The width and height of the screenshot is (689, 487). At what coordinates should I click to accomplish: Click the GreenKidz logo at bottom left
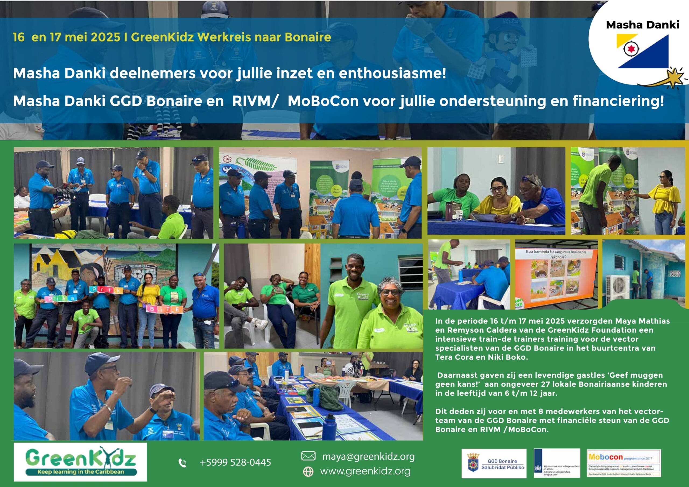pyautogui.click(x=80, y=461)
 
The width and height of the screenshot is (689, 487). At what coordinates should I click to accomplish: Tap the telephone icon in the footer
pyautogui.click(x=182, y=463)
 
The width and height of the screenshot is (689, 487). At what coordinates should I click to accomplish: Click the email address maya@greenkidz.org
pyautogui.click(x=368, y=456)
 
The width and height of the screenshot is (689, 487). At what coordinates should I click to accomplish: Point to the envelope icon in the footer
pyautogui.click(x=308, y=456)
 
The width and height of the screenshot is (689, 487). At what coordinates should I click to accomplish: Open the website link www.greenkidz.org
pyautogui.click(x=365, y=471)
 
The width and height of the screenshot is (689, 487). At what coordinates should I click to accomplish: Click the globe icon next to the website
pyautogui.click(x=308, y=471)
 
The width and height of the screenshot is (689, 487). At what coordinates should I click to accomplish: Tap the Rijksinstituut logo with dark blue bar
pyautogui.click(x=557, y=463)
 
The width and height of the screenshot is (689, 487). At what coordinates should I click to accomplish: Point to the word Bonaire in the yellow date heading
pyautogui.click(x=308, y=37)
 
